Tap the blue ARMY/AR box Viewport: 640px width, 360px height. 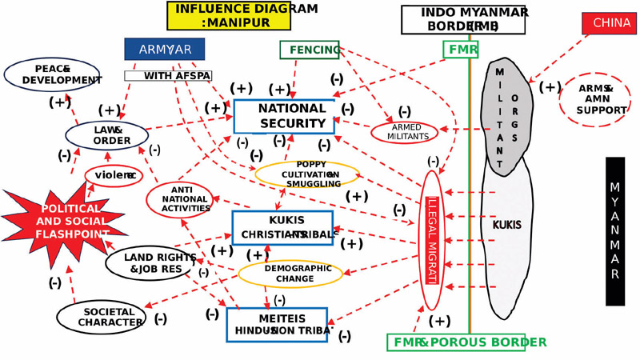tap(165, 49)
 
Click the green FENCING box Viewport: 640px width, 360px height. tap(310, 50)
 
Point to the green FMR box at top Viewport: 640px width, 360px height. tap(461, 50)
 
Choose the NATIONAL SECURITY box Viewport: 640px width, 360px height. tap(283, 116)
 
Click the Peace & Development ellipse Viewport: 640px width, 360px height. tap(52, 74)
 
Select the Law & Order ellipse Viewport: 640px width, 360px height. tap(106, 135)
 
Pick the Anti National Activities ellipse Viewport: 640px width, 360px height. tap(181, 199)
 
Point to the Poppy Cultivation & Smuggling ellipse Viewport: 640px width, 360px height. tap(306, 174)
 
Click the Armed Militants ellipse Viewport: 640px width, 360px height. tap(404, 132)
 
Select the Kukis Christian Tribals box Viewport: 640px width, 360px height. tap(282, 228)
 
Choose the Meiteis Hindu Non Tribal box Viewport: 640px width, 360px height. tap(277, 324)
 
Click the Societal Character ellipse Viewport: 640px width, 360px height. tap(101, 317)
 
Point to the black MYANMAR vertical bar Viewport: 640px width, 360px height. tap(614, 230)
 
